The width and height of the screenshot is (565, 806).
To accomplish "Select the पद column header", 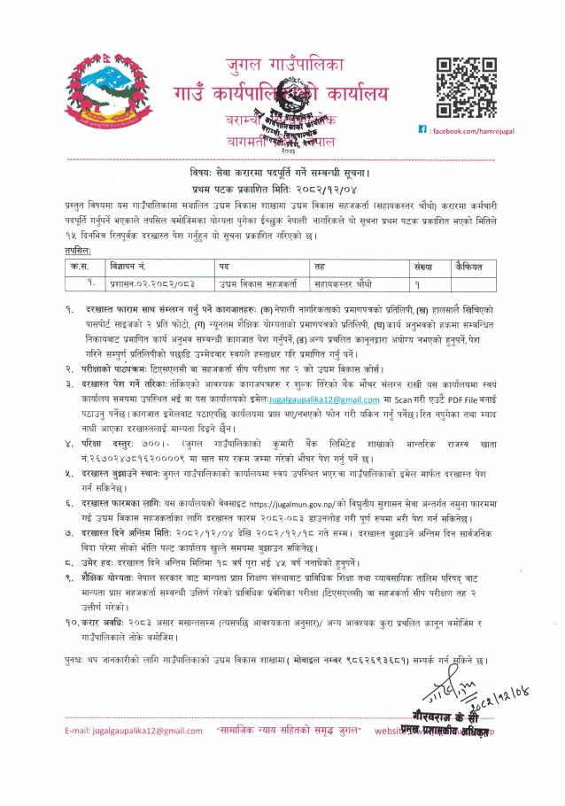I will [x=225, y=266].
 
